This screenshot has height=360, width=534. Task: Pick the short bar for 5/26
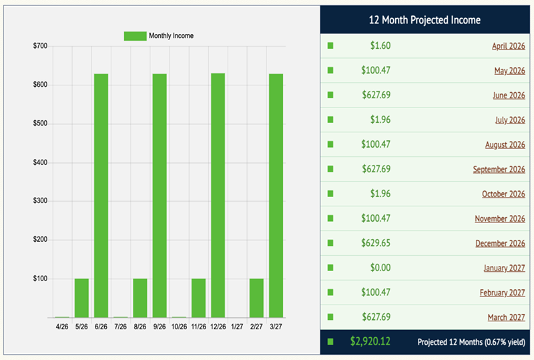[x=81, y=298]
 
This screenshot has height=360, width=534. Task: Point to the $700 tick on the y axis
[x=39, y=46]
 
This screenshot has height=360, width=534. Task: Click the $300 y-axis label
[x=39, y=201]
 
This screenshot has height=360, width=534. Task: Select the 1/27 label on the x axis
[x=237, y=327]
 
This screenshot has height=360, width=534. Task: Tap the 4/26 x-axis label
[x=62, y=327]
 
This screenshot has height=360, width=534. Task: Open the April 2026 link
[x=508, y=46]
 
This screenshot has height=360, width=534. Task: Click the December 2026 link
[x=500, y=243]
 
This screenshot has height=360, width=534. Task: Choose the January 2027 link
[x=504, y=268]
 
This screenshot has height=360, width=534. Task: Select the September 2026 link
[x=499, y=170]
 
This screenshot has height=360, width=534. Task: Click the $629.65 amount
[x=376, y=243]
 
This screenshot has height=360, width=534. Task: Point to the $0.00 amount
[x=380, y=268]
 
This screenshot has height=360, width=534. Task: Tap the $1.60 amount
[x=380, y=46]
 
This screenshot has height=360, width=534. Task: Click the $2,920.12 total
[x=370, y=341]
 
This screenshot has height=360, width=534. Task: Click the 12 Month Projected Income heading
[x=425, y=20]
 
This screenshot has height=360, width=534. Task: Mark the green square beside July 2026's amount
[x=330, y=120]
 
